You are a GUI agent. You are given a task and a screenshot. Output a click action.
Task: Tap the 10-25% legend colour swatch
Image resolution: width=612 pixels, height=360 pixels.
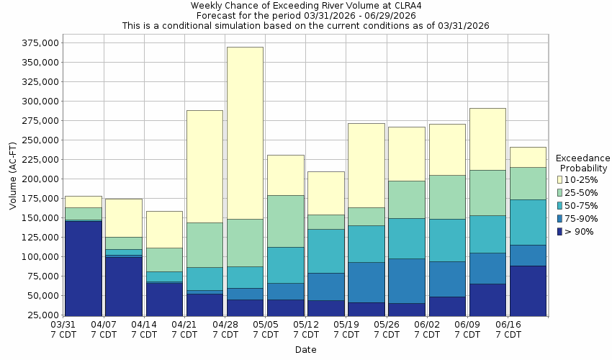click(561, 179)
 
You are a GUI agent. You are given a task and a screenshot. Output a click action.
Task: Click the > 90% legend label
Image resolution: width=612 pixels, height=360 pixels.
click(580, 231)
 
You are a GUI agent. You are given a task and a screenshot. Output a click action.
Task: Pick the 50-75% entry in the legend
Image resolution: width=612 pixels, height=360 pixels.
click(580, 205)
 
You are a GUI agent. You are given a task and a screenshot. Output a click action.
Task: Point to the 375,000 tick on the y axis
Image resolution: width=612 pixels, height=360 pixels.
click(37, 43)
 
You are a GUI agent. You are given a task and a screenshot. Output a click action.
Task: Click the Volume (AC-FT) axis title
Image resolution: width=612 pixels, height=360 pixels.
click(13, 179)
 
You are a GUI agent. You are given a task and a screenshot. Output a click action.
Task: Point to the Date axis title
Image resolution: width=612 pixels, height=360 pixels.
click(305, 350)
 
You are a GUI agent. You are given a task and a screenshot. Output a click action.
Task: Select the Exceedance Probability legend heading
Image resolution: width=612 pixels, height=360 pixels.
click(582, 163)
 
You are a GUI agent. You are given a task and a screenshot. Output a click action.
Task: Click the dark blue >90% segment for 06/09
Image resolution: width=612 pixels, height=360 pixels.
click(487, 299)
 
